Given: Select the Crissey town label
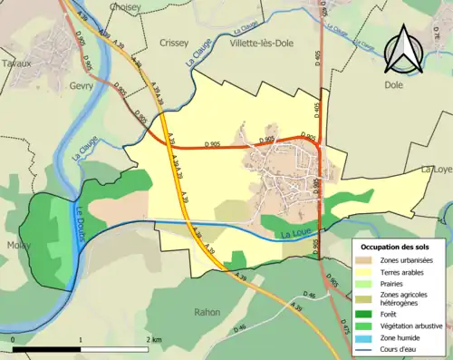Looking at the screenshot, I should coord(174,43).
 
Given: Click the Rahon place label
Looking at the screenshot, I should coord(207,312).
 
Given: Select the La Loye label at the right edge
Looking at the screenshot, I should coord(437,170).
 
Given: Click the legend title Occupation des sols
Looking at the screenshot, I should coord(396,247).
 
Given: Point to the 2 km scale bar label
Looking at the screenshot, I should coord(154,339).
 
